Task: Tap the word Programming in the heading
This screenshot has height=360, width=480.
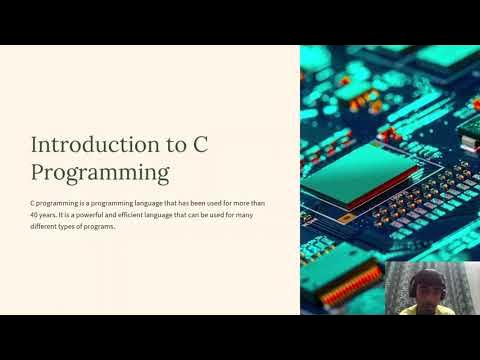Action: click(x=100, y=172)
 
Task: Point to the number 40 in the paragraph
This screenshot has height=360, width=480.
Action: click(x=36, y=215)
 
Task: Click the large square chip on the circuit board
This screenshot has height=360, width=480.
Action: click(x=340, y=180)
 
